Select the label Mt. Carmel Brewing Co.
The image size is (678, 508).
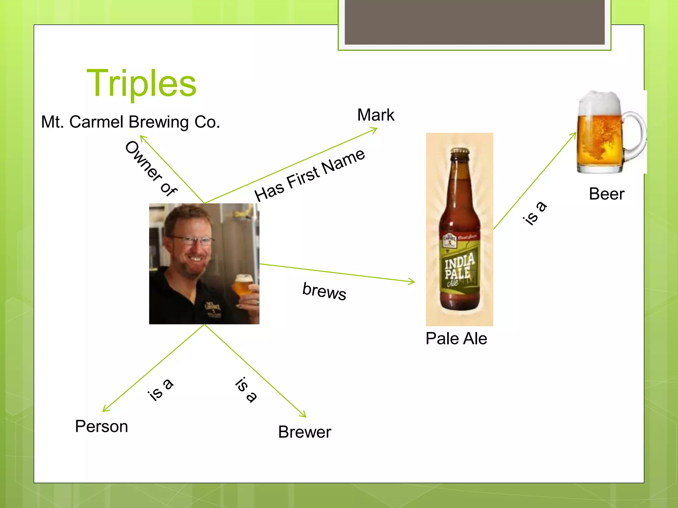point(130,122)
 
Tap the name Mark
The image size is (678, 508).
point(375,115)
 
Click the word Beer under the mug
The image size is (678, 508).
point(606,194)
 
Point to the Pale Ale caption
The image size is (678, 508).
point(456,339)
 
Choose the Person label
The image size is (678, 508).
point(101,426)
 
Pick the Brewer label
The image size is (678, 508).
point(304,432)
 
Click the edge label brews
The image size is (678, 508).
point(324,291)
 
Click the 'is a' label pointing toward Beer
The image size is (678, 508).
point(534,213)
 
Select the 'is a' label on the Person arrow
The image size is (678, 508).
point(160,389)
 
